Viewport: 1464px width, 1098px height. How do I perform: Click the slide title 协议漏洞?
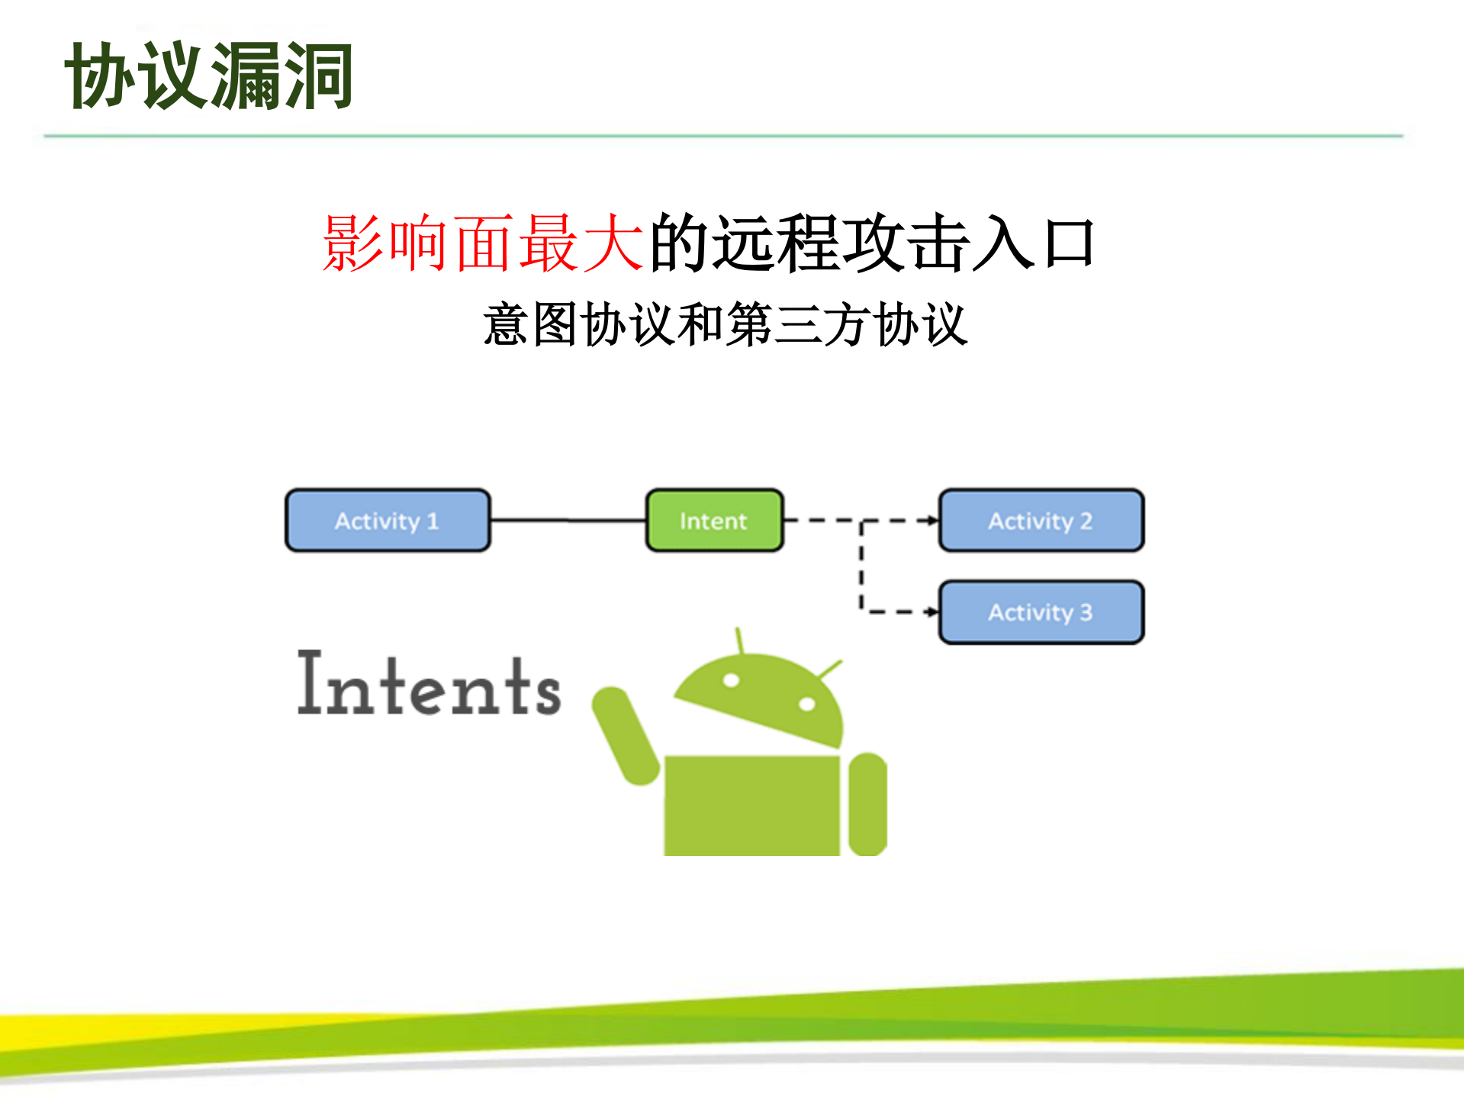click(x=209, y=76)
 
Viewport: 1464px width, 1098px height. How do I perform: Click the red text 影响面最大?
click(x=482, y=243)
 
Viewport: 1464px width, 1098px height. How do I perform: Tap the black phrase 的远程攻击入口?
click(x=872, y=243)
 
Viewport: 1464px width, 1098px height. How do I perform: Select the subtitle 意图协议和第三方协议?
click(x=726, y=324)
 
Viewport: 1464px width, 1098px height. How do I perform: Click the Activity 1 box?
click(x=388, y=520)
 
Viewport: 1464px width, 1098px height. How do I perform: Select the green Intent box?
click(x=714, y=520)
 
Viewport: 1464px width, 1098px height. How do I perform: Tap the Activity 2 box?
click(x=1041, y=520)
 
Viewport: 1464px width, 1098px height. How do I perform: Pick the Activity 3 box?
click(x=1041, y=612)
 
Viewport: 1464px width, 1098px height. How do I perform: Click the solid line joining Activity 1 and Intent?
click(x=568, y=520)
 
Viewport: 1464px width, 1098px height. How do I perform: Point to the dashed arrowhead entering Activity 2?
click(x=931, y=520)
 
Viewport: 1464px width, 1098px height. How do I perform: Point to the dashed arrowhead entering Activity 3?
click(x=931, y=612)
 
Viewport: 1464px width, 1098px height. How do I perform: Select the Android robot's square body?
click(x=751, y=805)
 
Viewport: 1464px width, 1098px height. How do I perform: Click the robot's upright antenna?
click(x=739, y=641)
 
